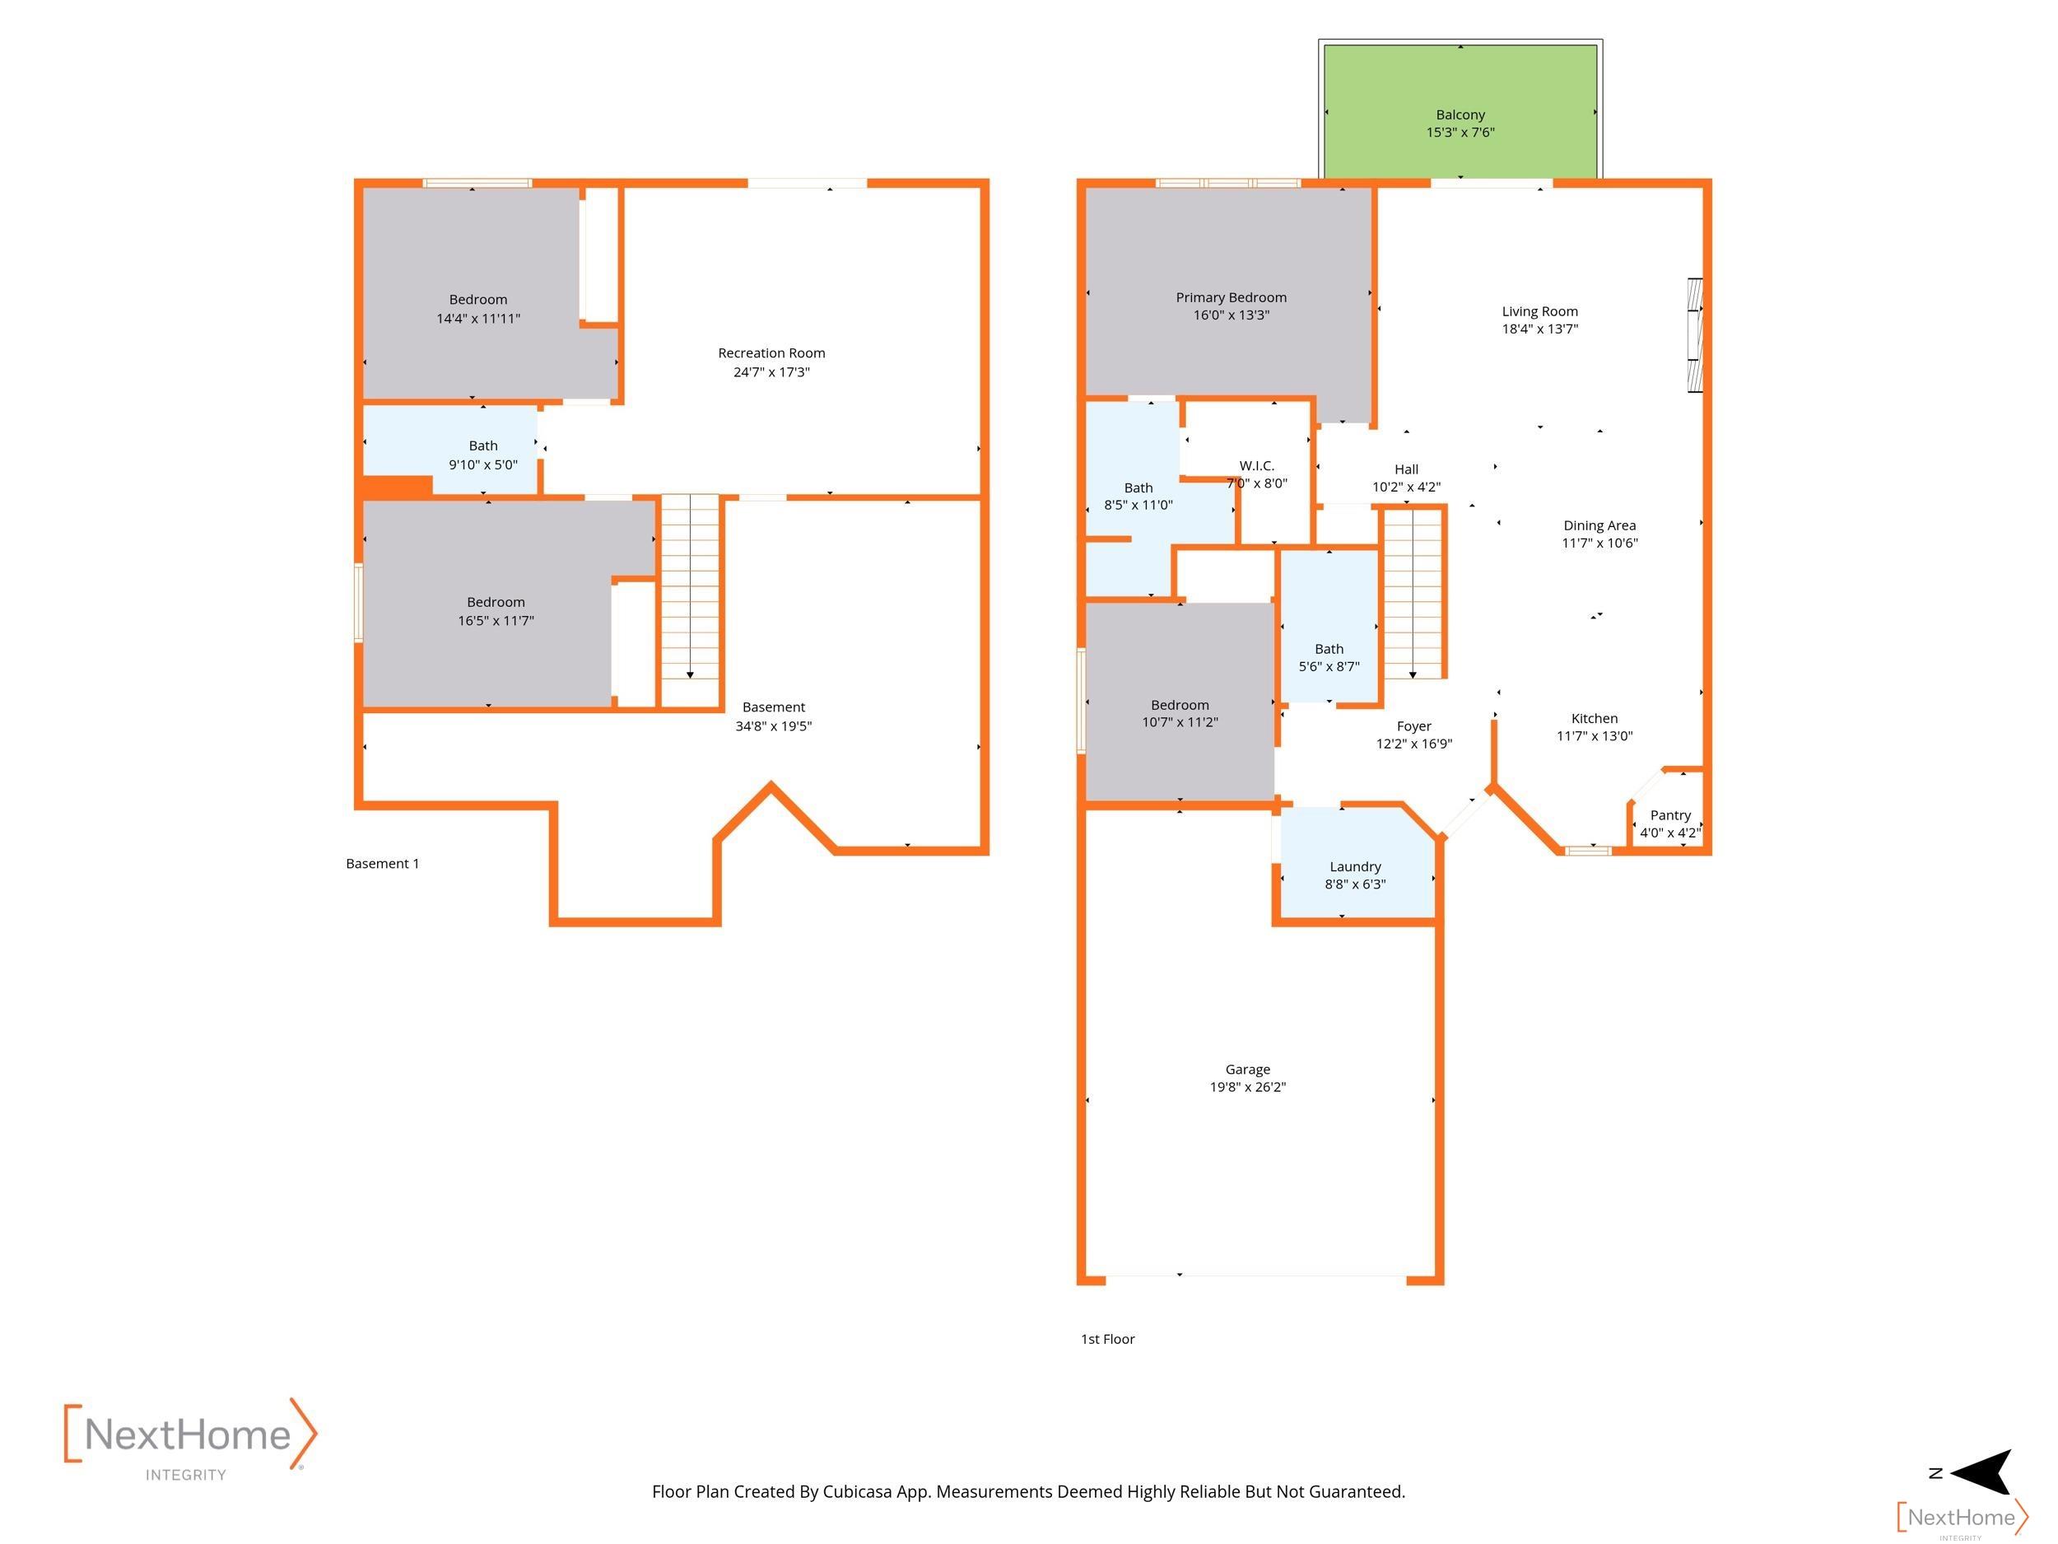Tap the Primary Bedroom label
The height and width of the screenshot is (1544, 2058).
click(1231, 298)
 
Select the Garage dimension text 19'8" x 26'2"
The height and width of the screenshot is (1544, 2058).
click(1248, 1087)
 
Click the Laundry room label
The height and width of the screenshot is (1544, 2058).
click(1355, 866)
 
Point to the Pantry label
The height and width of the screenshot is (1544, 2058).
click(1670, 815)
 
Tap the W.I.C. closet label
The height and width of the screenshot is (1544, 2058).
click(1257, 465)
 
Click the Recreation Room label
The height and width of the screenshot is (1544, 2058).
click(771, 352)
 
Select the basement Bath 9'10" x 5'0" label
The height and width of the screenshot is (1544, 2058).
click(483, 455)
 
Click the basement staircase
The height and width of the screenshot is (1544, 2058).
click(689, 600)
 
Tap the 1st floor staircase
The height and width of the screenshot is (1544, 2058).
click(1413, 593)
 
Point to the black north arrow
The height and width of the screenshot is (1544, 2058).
click(1981, 1472)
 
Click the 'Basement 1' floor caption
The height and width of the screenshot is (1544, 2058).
click(383, 864)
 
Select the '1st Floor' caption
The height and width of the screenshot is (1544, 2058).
click(1107, 1339)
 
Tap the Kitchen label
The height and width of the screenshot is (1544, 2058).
click(1595, 719)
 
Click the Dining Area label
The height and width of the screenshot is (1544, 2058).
click(1599, 526)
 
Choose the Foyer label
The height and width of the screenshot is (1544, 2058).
click(1413, 727)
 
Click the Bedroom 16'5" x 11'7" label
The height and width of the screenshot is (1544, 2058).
click(496, 612)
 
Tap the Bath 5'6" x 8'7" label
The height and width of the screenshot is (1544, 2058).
click(1329, 658)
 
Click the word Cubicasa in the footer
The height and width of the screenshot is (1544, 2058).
click(857, 1492)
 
